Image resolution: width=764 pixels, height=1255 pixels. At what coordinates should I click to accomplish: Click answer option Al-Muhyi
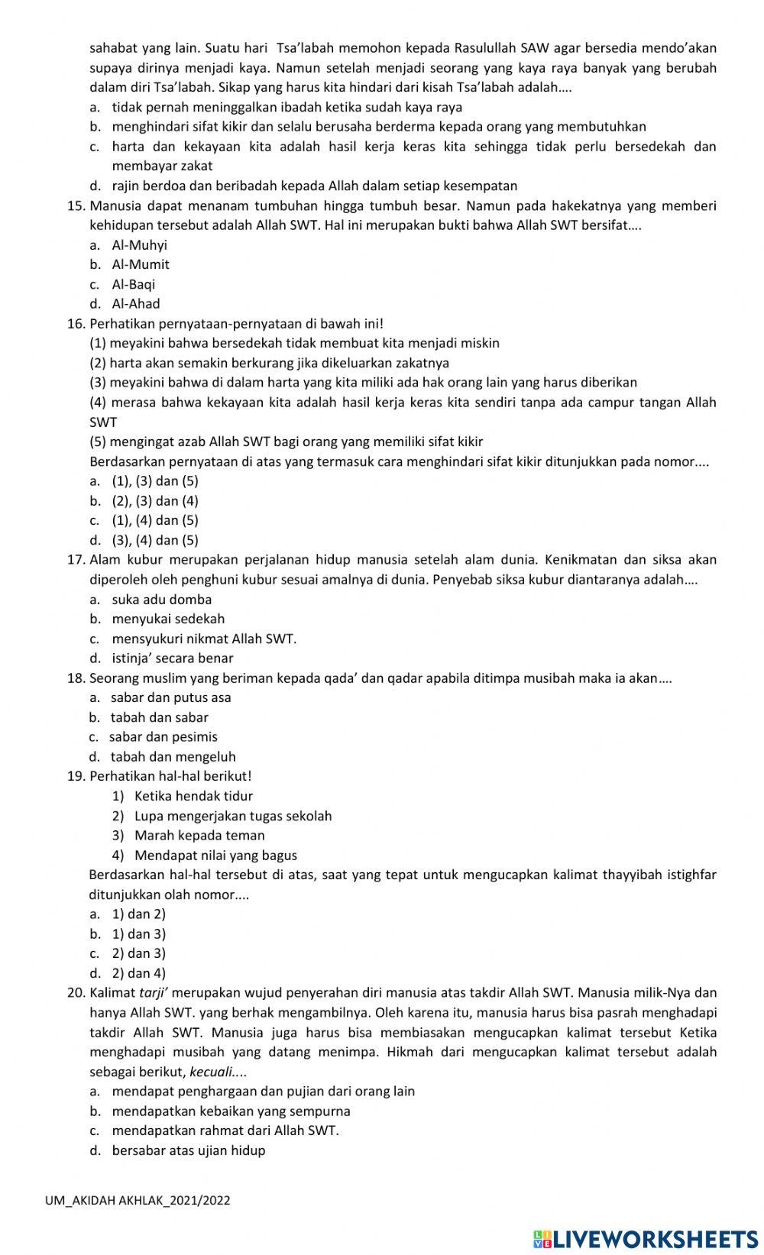pyautogui.click(x=139, y=245)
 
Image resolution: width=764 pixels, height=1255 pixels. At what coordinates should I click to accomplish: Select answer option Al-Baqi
pyautogui.click(x=133, y=284)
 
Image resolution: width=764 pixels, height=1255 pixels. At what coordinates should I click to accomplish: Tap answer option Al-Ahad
pyautogui.click(x=136, y=303)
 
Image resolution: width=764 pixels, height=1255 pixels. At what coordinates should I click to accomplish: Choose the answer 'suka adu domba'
pyautogui.click(x=161, y=600)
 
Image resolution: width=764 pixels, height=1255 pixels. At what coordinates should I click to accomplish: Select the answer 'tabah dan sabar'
pyautogui.click(x=159, y=717)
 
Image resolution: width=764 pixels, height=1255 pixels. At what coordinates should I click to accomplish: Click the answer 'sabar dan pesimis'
pyautogui.click(x=163, y=737)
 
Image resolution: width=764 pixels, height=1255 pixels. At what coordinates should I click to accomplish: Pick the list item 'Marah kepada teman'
pyautogui.click(x=199, y=836)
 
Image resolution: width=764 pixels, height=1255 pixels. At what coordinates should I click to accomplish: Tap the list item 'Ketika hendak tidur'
pyautogui.click(x=193, y=796)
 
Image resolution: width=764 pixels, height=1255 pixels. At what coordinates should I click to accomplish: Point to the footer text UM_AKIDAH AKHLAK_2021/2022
pyautogui.click(x=138, y=1200)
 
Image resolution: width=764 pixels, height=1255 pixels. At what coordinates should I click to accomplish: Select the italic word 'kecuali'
pyautogui.click(x=211, y=1072)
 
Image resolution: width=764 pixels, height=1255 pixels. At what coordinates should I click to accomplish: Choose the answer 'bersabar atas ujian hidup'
pyautogui.click(x=188, y=1150)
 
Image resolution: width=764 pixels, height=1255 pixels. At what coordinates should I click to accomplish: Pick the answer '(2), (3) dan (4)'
pyautogui.click(x=155, y=501)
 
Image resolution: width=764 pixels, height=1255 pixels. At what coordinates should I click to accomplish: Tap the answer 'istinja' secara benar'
pyautogui.click(x=172, y=658)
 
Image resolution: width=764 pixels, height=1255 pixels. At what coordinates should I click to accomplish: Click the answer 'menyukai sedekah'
pyautogui.click(x=168, y=619)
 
